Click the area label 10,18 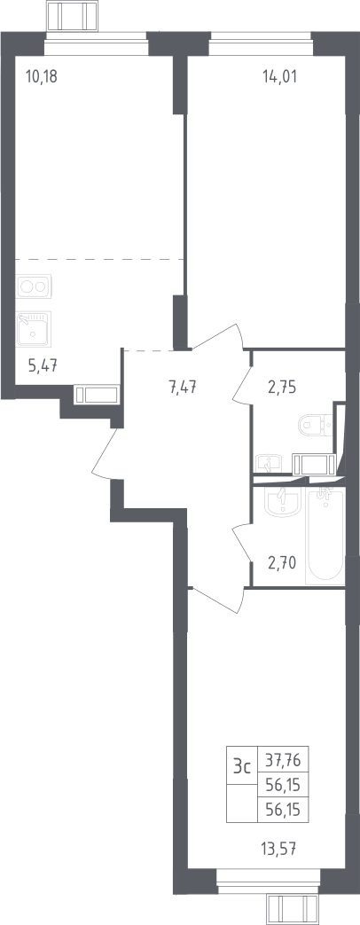pos(42,76)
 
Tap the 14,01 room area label pos(279,76)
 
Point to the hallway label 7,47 pos(183,388)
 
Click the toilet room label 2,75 pos(281,388)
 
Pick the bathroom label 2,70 pos(281,562)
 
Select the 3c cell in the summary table pos(242,767)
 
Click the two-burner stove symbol pos(34,286)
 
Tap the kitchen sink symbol pos(34,329)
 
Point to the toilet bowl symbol pos(316,424)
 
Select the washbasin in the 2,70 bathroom pos(283,502)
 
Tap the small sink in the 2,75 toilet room pos(270,464)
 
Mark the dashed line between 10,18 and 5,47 pos(98,259)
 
